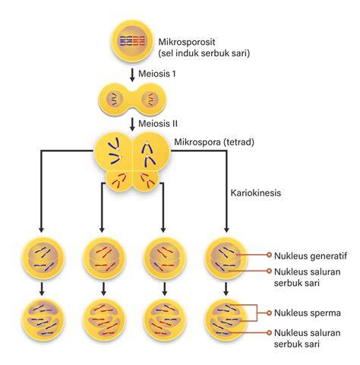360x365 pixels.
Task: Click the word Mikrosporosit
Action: pyautogui.click(x=187, y=42)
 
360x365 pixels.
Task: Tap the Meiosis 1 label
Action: pyautogui.click(x=157, y=74)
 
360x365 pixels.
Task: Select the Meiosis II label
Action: pyautogui.click(x=158, y=123)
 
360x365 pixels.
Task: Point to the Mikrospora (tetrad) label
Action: pyautogui.click(x=214, y=142)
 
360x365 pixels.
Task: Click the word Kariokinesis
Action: pyautogui.click(x=256, y=192)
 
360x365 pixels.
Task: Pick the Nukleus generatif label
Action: pyautogui.click(x=311, y=255)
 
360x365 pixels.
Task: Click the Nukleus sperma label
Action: pyautogui.click(x=308, y=313)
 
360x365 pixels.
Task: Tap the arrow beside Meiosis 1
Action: pyautogui.click(x=132, y=75)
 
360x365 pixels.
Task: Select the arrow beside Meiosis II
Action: pyautogui.click(x=132, y=124)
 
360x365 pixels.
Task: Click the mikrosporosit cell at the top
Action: pyautogui.click(x=132, y=41)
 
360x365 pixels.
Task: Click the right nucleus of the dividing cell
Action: pyautogui.click(x=150, y=99)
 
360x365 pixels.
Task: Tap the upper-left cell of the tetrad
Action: pyautogui.click(x=114, y=153)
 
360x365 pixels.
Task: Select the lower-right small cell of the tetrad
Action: pyautogui.click(x=146, y=181)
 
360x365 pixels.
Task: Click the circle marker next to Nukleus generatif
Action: pyautogui.click(x=270, y=255)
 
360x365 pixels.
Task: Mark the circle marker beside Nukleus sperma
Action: pyautogui.click(x=270, y=313)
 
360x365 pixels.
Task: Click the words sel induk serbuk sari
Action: pyautogui.click(x=204, y=53)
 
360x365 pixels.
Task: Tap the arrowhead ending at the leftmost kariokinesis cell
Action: pyautogui.click(x=42, y=230)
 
